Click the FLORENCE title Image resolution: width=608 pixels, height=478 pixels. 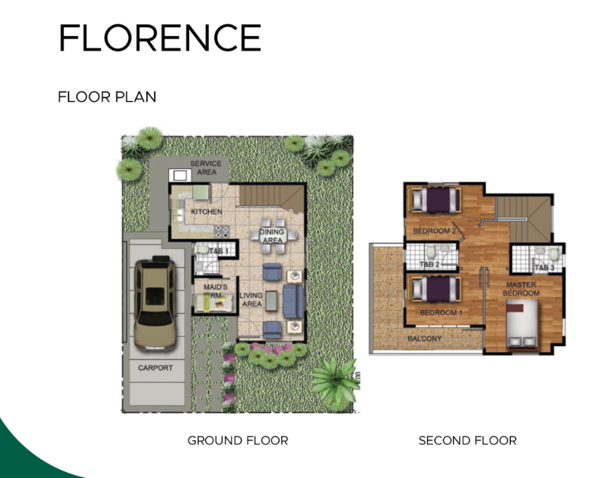[x=160, y=37]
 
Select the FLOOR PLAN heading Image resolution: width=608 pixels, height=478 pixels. [x=107, y=97]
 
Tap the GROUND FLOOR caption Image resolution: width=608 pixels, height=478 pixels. [x=238, y=440]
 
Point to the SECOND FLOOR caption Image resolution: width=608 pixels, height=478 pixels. [x=468, y=440]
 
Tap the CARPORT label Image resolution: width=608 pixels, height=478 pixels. [x=155, y=367]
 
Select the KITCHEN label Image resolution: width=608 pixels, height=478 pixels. [x=207, y=212]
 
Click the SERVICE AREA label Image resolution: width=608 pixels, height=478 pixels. [x=206, y=168]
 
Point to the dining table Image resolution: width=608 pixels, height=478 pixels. [x=272, y=235]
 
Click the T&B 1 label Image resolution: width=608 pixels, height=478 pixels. [x=219, y=251]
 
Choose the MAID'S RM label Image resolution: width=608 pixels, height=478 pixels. [x=216, y=291]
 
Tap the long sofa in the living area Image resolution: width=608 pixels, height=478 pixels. [x=293, y=302]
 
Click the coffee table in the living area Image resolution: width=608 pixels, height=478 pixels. [x=272, y=301]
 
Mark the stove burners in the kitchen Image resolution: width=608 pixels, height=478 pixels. [x=223, y=231]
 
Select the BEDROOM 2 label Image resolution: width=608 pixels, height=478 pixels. [x=435, y=231]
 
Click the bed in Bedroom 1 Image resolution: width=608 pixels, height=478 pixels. [x=436, y=289]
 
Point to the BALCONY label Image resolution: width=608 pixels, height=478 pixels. [x=425, y=339]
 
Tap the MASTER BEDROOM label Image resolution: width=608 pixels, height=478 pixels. [x=521, y=289]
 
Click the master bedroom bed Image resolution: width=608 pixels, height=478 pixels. [x=522, y=325]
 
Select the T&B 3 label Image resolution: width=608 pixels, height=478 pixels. [x=545, y=268]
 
